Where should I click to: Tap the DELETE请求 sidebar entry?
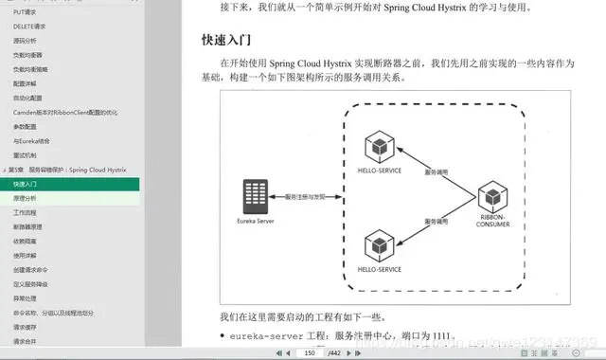click(31, 26)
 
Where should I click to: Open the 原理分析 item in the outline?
click(27, 198)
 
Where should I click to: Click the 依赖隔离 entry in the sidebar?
click(27, 241)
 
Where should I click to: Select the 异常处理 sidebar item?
click(27, 297)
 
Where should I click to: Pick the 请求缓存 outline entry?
click(27, 326)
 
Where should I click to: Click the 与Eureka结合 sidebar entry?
click(32, 140)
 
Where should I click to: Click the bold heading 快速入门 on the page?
click(224, 41)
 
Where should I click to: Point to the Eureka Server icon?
click(253, 196)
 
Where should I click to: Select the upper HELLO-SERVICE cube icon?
click(378, 147)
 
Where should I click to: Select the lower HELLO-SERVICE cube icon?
click(378, 246)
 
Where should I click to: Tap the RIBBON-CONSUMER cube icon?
click(492, 198)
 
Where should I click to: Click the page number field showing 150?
click(308, 352)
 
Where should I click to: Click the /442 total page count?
click(333, 352)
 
